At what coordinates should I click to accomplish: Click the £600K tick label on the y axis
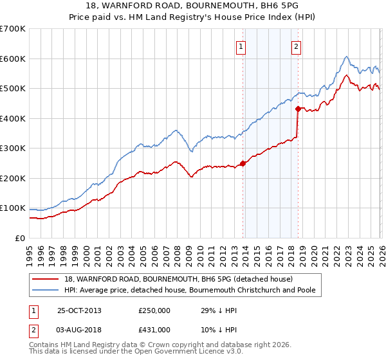click(x=13, y=59)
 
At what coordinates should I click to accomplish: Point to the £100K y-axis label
click(x=13, y=208)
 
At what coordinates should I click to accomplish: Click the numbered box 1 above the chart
click(x=241, y=46)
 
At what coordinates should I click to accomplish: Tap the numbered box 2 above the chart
click(x=296, y=46)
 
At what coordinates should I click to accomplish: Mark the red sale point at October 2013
click(x=243, y=163)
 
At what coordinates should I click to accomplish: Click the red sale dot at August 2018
click(x=298, y=109)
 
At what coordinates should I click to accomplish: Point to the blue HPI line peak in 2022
click(x=346, y=56)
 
